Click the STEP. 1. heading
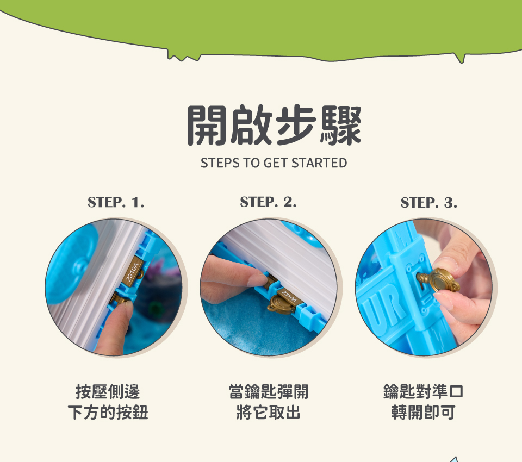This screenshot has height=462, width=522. [x=116, y=202]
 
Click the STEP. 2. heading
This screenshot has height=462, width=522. [x=268, y=202]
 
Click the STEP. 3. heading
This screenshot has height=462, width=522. [x=429, y=202]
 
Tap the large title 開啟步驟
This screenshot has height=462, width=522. [x=274, y=125]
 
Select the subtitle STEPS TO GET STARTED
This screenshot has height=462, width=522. [x=274, y=163]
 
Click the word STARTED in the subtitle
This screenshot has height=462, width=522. [x=319, y=163]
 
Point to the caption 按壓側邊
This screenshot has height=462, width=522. [x=108, y=391]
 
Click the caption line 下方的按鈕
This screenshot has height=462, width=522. [x=108, y=413]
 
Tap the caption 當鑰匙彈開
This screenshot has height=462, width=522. [x=269, y=391]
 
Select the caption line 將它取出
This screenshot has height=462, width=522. [x=269, y=413]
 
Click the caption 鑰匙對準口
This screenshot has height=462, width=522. [x=423, y=391]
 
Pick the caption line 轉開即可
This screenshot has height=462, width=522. [x=423, y=413]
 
